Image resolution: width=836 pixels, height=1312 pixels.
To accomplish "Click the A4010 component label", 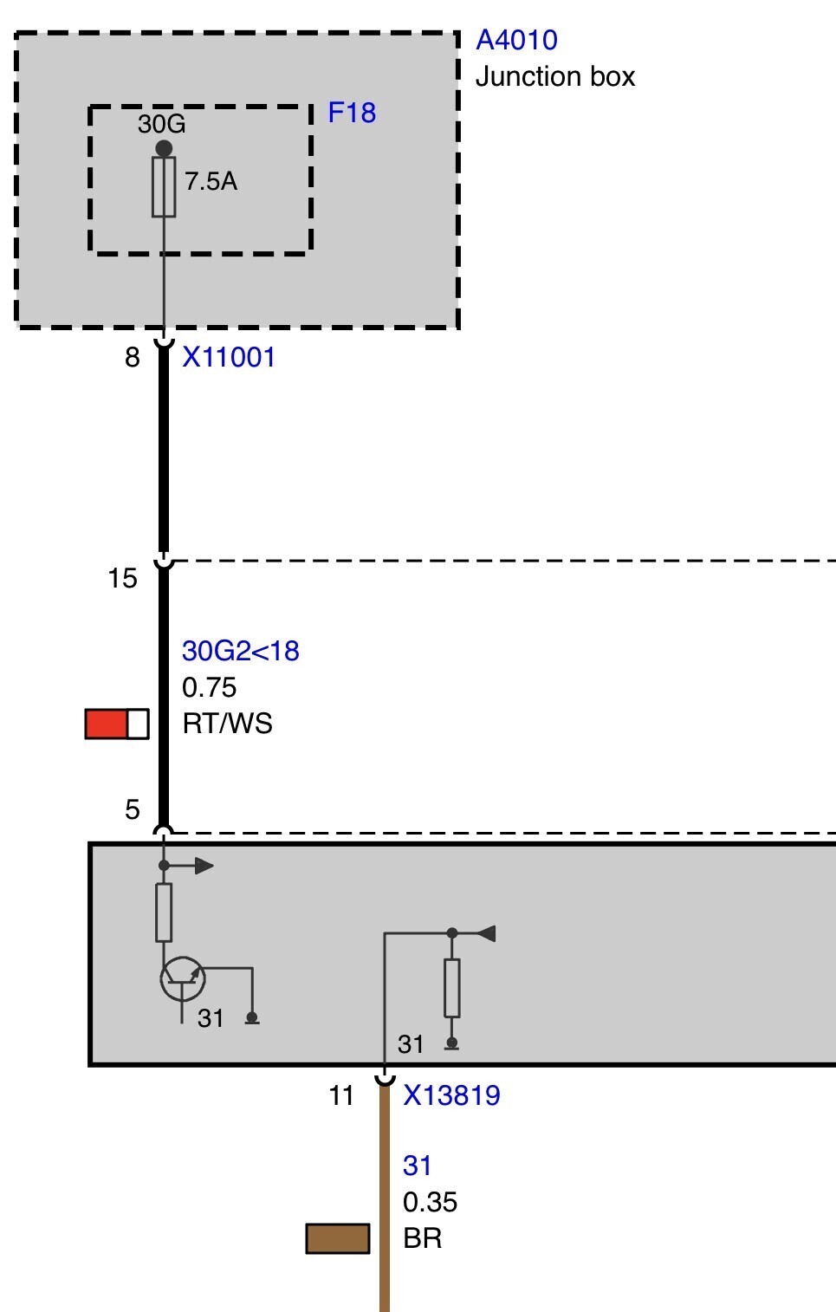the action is click(x=516, y=41).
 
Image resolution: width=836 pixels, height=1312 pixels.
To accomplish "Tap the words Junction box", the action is click(x=555, y=77).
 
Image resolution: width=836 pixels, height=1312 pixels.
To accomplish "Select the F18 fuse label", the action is click(x=352, y=113).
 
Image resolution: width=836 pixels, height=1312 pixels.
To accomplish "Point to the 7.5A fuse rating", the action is click(x=211, y=181).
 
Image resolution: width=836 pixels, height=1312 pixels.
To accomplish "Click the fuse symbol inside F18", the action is click(x=164, y=187).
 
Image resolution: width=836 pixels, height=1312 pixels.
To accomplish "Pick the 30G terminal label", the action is click(x=162, y=124).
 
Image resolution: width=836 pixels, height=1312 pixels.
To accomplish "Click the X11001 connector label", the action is click(x=229, y=357).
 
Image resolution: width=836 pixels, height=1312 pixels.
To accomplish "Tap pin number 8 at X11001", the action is click(x=133, y=357).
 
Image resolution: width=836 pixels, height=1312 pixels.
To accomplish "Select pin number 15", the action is click(x=122, y=578).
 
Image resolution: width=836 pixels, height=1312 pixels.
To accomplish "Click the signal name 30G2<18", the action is click(x=241, y=651).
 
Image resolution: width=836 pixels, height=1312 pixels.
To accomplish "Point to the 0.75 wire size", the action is click(x=209, y=687).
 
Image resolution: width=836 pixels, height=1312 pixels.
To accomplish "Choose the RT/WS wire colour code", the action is click(x=227, y=724).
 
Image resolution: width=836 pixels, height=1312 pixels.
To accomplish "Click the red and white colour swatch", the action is click(x=117, y=724).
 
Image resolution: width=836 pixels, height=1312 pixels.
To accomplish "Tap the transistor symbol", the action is click(x=183, y=978).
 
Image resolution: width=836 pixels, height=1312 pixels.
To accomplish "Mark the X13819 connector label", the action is click(x=451, y=1095).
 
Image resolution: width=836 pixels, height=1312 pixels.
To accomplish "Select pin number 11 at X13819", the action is click(x=341, y=1095).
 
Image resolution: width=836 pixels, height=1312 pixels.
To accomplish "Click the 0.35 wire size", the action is click(x=430, y=1202).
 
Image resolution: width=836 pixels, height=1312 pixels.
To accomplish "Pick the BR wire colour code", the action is click(x=422, y=1238).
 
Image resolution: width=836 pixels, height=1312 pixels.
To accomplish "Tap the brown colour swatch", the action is click(x=338, y=1239).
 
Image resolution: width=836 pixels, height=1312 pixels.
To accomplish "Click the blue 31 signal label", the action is click(x=417, y=1166).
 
